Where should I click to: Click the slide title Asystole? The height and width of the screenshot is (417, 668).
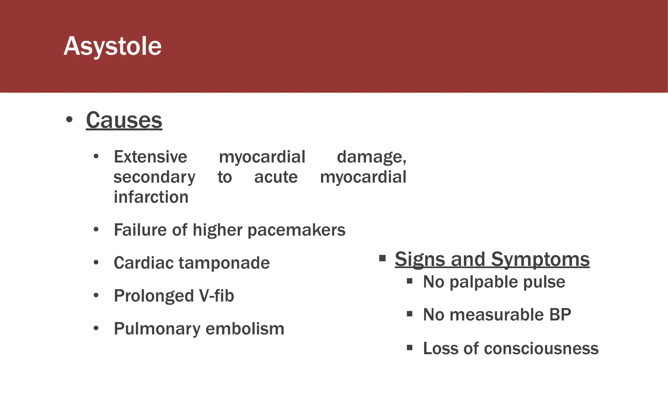click(113, 46)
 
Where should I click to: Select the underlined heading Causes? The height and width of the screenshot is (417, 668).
click(124, 120)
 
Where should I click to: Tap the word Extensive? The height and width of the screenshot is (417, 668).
click(150, 157)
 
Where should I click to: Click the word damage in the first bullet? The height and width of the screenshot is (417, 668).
click(371, 157)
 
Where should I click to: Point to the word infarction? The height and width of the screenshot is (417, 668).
click(151, 197)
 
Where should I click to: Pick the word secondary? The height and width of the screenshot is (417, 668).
click(154, 178)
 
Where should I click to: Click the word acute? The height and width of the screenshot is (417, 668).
click(276, 178)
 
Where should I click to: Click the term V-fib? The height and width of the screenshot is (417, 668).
click(216, 296)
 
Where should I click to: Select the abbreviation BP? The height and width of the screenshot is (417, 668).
click(560, 315)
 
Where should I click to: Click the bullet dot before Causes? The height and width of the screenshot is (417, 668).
click(69, 120)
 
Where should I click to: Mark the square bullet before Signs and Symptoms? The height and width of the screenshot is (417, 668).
click(382, 259)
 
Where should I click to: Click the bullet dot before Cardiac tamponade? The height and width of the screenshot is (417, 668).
click(96, 263)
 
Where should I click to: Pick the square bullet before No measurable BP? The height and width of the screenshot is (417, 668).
click(410, 314)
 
